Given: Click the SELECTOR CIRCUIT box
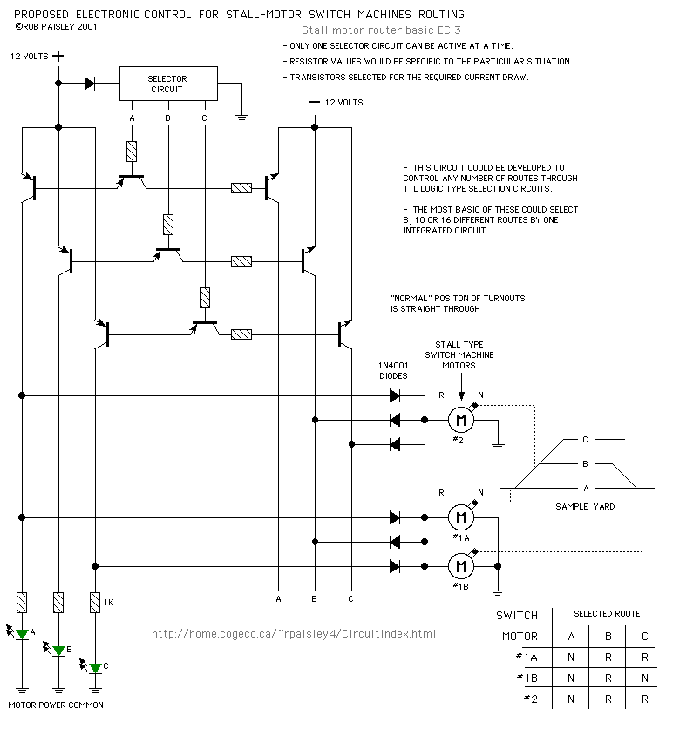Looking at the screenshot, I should tap(167, 84).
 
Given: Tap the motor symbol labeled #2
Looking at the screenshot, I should tap(460, 420).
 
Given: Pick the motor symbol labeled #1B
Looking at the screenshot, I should tap(460, 567).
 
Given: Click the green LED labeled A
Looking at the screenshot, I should tap(23, 633).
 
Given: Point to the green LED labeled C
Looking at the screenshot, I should tap(95, 666).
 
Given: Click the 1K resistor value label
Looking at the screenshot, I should tap(109, 602).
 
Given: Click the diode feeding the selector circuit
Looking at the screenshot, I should tap(90, 84).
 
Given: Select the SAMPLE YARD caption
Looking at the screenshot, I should tap(584, 506).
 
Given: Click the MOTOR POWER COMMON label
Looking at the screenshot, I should tap(56, 704).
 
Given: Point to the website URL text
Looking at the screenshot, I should tap(294, 634).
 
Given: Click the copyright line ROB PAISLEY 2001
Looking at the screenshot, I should tap(57, 26).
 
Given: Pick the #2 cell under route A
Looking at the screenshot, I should tap(571, 699).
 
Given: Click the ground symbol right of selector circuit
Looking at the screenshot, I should tap(245, 113).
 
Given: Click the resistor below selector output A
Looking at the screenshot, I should tap(132, 151).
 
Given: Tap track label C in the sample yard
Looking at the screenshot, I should tap(585, 439).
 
